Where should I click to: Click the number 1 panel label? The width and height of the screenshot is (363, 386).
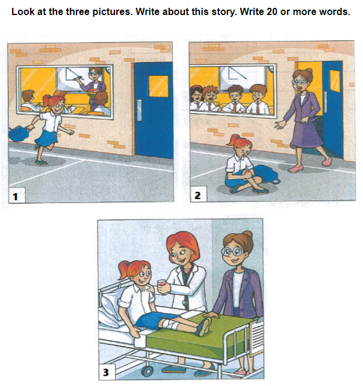(x=15, y=197)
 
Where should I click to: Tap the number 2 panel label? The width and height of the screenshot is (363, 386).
(x=197, y=195)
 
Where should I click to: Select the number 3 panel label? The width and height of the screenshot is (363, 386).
(x=106, y=372)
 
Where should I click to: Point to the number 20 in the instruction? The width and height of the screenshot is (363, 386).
(x=271, y=11)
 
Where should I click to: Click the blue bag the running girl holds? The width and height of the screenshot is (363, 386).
(x=19, y=133)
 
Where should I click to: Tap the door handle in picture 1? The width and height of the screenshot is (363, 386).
(x=139, y=110)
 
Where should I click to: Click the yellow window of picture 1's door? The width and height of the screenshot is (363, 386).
(x=158, y=86)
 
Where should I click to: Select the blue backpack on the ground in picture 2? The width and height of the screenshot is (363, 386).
(x=265, y=174)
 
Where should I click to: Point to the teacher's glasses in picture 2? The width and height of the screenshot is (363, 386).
(x=299, y=82)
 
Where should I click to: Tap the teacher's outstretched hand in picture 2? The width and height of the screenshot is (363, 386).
(x=280, y=124)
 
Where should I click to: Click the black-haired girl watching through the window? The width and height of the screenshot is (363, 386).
(x=196, y=98)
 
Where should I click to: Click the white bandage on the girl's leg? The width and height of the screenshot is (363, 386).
(x=173, y=323)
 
